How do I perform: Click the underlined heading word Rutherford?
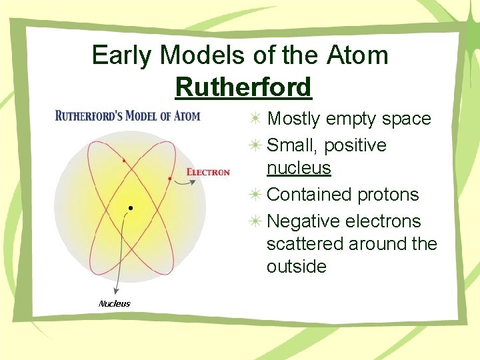pyautogui.click(x=243, y=87)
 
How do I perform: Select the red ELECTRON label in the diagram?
pyautogui.click(x=208, y=172)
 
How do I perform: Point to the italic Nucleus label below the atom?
pyautogui.click(x=115, y=304)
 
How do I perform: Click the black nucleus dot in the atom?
pyautogui.click(x=130, y=208)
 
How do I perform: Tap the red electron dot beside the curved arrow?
pyautogui.click(x=170, y=179)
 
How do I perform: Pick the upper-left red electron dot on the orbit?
pyautogui.click(x=123, y=161)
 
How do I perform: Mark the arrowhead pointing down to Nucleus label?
pyautogui.click(x=116, y=291)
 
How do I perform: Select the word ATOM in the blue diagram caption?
pyautogui.click(x=186, y=116)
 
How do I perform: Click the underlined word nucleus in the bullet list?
pyautogui.click(x=299, y=168)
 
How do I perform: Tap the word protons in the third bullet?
pyautogui.click(x=388, y=195)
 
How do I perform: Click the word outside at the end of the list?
pyautogui.click(x=297, y=267)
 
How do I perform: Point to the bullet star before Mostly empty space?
pyautogui.click(x=256, y=119)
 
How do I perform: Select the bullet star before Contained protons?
pyautogui.click(x=256, y=195)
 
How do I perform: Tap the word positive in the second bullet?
pyautogui.click(x=355, y=145)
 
